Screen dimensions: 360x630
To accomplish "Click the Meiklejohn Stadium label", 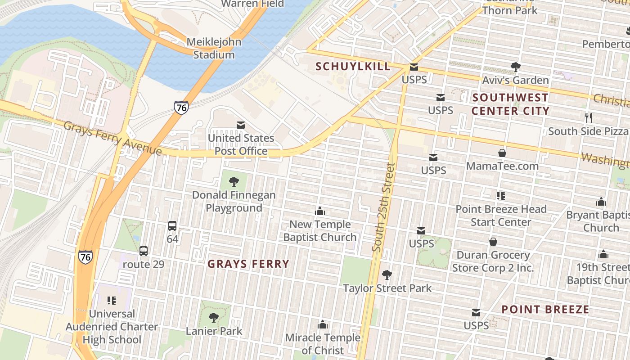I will pyautogui.click(x=214, y=48).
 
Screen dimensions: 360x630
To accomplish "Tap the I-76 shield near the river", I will pyautogui.click(x=181, y=108).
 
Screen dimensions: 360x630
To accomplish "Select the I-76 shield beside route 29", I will pyautogui.click(x=85, y=257).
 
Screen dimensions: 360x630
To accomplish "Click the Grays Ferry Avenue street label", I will pyautogui.click(x=112, y=138).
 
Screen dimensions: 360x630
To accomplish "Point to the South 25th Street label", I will pyautogui.click(x=383, y=207).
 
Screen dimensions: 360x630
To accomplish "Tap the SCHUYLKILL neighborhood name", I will pyautogui.click(x=353, y=67).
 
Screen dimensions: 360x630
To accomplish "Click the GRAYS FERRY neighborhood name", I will pyautogui.click(x=248, y=264).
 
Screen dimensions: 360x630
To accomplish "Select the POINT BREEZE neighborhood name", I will pyautogui.click(x=545, y=310).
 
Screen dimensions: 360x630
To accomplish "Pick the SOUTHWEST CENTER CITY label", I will pyautogui.click(x=510, y=104).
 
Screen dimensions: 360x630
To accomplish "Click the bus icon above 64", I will pyautogui.click(x=172, y=226).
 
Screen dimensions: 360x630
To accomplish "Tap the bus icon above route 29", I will pyautogui.click(x=143, y=251).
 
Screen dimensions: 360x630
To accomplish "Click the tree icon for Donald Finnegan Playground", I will pyautogui.click(x=234, y=182).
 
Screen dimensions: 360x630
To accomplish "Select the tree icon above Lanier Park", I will pyautogui.click(x=214, y=318).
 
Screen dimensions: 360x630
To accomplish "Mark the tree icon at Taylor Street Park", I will pyautogui.click(x=387, y=274).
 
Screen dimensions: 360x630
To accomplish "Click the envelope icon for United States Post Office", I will pyautogui.click(x=241, y=125).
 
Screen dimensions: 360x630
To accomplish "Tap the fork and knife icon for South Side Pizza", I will pyautogui.click(x=588, y=118).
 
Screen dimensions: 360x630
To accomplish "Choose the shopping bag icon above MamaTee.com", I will pyautogui.click(x=502, y=153).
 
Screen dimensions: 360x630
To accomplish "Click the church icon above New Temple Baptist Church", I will pyautogui.click(x=320, y=211).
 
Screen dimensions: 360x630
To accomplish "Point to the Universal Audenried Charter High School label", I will pyautogui.click(x=112, y=327).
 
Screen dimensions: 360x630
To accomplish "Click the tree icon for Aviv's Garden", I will pyautogui.click(x=515, y=67).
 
